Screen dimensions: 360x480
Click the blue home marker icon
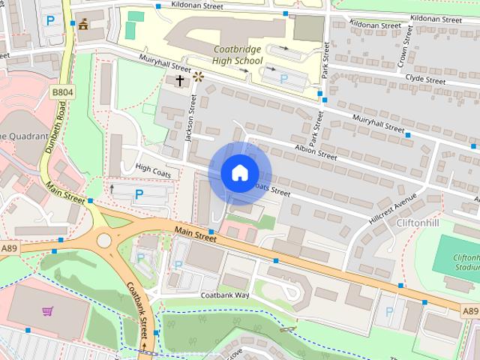[x=239, y=173]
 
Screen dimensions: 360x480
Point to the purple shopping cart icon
[x=47, y=311]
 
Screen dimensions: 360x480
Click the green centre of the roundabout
[x=103, y=241]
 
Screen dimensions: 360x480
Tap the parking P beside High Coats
[x=139, y=194]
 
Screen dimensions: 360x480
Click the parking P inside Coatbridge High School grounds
[x=283, y=78]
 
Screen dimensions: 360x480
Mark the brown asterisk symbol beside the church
[x=198, y=76]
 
